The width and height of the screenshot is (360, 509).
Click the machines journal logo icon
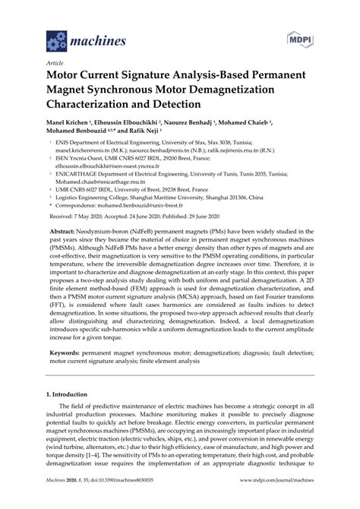[57, 38]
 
